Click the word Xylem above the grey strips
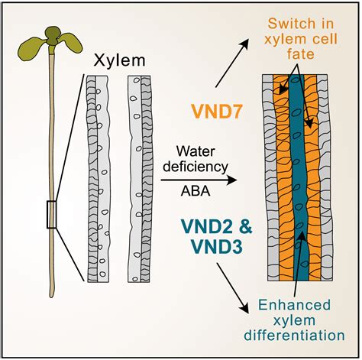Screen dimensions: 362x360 coord(119,60)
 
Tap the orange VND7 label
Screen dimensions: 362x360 coord(216,112)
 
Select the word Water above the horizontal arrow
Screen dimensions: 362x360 coord(196,151)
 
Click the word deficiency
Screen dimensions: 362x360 coord(196,167)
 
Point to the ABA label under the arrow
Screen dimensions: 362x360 coord(196,191)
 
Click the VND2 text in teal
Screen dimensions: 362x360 coord(206,227)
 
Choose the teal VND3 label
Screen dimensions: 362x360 coord(216,247)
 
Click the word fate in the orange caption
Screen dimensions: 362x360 coord(301,54)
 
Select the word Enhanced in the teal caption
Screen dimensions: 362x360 coord(294,305)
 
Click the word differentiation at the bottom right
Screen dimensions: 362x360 coord(294,336)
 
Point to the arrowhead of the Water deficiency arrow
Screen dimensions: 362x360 coord(232,180)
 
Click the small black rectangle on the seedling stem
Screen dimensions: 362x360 coord(51,214)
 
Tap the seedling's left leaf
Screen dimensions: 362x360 coord(32,48)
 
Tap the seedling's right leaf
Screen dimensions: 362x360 coord(70,42)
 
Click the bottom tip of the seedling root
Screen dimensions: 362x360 coord(52,297)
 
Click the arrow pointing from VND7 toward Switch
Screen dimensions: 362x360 coord(232,63)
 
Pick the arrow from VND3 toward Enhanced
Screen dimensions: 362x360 coord(232,288)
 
